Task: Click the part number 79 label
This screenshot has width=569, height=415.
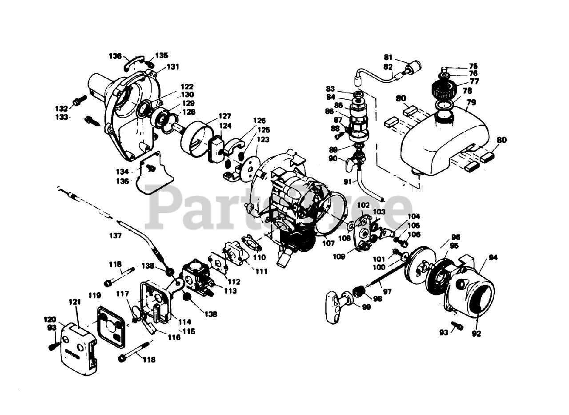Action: (471, 102)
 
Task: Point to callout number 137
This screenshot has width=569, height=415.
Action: (115, 236)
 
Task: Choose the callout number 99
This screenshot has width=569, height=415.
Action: (366, 307)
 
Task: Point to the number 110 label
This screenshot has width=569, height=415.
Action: (259, 257)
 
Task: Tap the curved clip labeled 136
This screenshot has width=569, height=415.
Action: (132, 61)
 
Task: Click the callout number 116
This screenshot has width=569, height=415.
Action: (174, 337)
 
